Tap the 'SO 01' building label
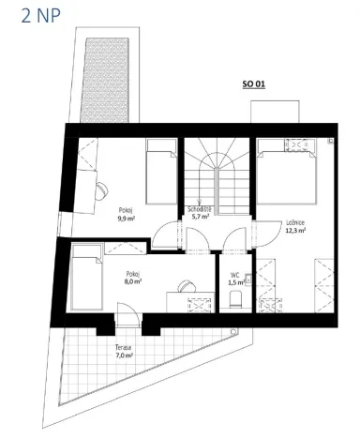tap(254, 83)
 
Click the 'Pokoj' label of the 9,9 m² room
tap(125, 210)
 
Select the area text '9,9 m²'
tap(126, 218)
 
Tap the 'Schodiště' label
tap(199, 208)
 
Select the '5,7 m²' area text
tap(201, 216)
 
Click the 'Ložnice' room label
tap(294, 222)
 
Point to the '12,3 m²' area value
tap(295, 230)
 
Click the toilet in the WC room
tap(235, 300)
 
